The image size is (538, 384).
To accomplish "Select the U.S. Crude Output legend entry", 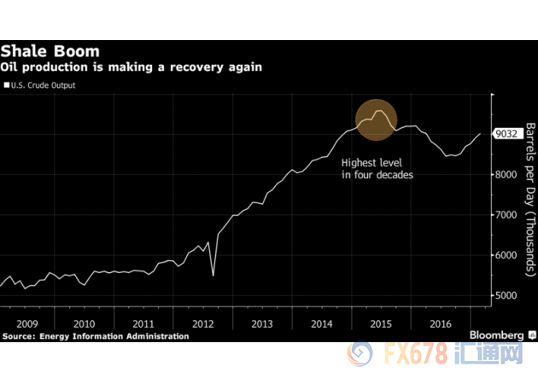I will pyautogui.click(x=41, y=84).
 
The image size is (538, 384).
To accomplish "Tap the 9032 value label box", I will pyautogui.click(x=507, y=134).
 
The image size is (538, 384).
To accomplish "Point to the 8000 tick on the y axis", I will pyautogui.click(x=506, y=174).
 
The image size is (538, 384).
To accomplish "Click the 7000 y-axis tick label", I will pyautogui.click(x=506, y=215).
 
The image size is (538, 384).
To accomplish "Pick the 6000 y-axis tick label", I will pyautogui.click(x=506, y=255).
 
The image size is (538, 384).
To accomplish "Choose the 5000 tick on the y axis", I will pyautogui.click(x=506, y=295).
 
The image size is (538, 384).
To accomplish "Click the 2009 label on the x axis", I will pyautogui.click(x=26, y=324).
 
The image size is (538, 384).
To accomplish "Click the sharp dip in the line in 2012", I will pyautogui.click(x=213, y=274).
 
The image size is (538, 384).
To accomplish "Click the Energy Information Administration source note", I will pyautogui.click(x=96, y=337).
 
